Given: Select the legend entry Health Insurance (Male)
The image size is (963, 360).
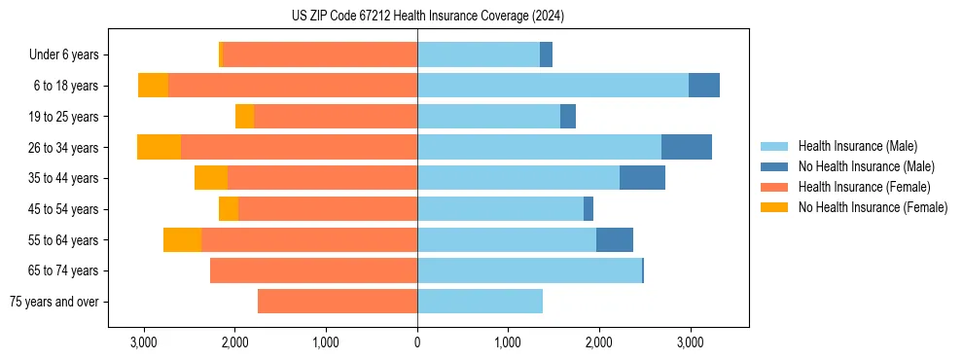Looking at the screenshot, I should pyautogui.click(x=857, y=146).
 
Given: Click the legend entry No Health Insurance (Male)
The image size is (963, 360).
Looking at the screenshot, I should pyautogui.click(x=866, y=166).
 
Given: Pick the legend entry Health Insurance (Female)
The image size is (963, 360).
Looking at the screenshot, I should pyautogui.click(x=864, y=187).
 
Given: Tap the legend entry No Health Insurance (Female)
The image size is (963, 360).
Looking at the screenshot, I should pyautogui.click(x=873, y=207).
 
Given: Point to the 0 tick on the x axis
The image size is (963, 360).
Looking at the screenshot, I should pyautogui.click(x=417, y=342).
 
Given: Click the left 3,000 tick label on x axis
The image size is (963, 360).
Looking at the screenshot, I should pyautogui.click(x=144, y=342).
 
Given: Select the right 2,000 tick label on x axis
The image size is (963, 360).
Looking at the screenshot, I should pyautogui.click(x=598, y=342).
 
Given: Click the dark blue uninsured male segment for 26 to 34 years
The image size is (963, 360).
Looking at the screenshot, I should pyautogui.click(x=687, y=147).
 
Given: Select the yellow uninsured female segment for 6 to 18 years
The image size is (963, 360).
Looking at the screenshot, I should pyautogui.click(x=153, y=86).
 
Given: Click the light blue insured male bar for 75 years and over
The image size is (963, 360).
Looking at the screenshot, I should pyautogui.click(x=480, y=302).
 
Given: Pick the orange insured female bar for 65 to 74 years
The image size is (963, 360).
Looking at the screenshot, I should pyautogui.click(x=313, y=270).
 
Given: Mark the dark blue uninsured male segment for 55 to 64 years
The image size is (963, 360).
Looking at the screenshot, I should pyautogui.click(x=615, y=239).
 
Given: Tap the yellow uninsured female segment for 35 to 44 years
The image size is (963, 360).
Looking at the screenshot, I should pyautogui.click(x=211, y=178).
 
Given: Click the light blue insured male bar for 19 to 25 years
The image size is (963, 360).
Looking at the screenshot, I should pyautogui.click(x=488, y=117).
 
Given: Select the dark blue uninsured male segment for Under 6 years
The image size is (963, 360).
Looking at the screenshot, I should pyautogui.click(x=546, y=54).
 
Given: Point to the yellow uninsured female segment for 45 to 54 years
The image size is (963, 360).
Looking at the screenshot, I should pyautogui.click(x=229, y=209).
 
